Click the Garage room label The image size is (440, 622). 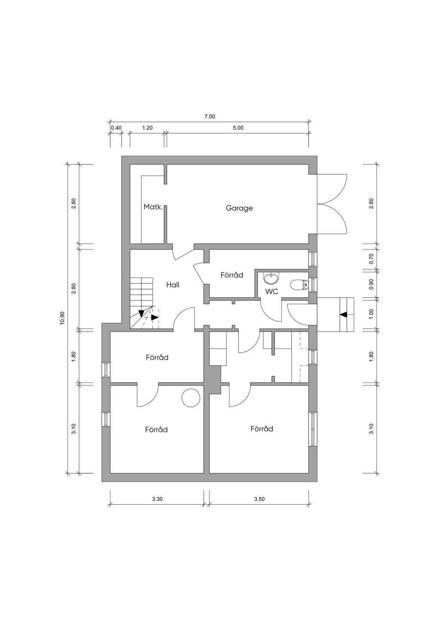click(x=239, y=208)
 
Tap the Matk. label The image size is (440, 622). click(x=153, y=207)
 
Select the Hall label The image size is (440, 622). click(x=173, y=285)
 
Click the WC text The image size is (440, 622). click(x=272, y=292)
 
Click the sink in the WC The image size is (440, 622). click(x=271, y=279)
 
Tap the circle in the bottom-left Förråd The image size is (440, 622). click(x=191, y=398)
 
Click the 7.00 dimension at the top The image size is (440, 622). click(x=210, y=117)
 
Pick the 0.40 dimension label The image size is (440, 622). click(x=116, y=128)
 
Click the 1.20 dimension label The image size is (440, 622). click(x=147, y=128)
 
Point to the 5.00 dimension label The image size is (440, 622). click(x=238, y=128)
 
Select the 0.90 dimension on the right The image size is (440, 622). click(x=371, y=284)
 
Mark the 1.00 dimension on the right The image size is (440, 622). click(x=371, y=314)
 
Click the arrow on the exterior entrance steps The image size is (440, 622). click(x=344, y=314)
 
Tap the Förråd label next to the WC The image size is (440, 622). click(x=232, y=275)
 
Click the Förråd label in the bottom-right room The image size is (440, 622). click(x=262, y=429)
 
